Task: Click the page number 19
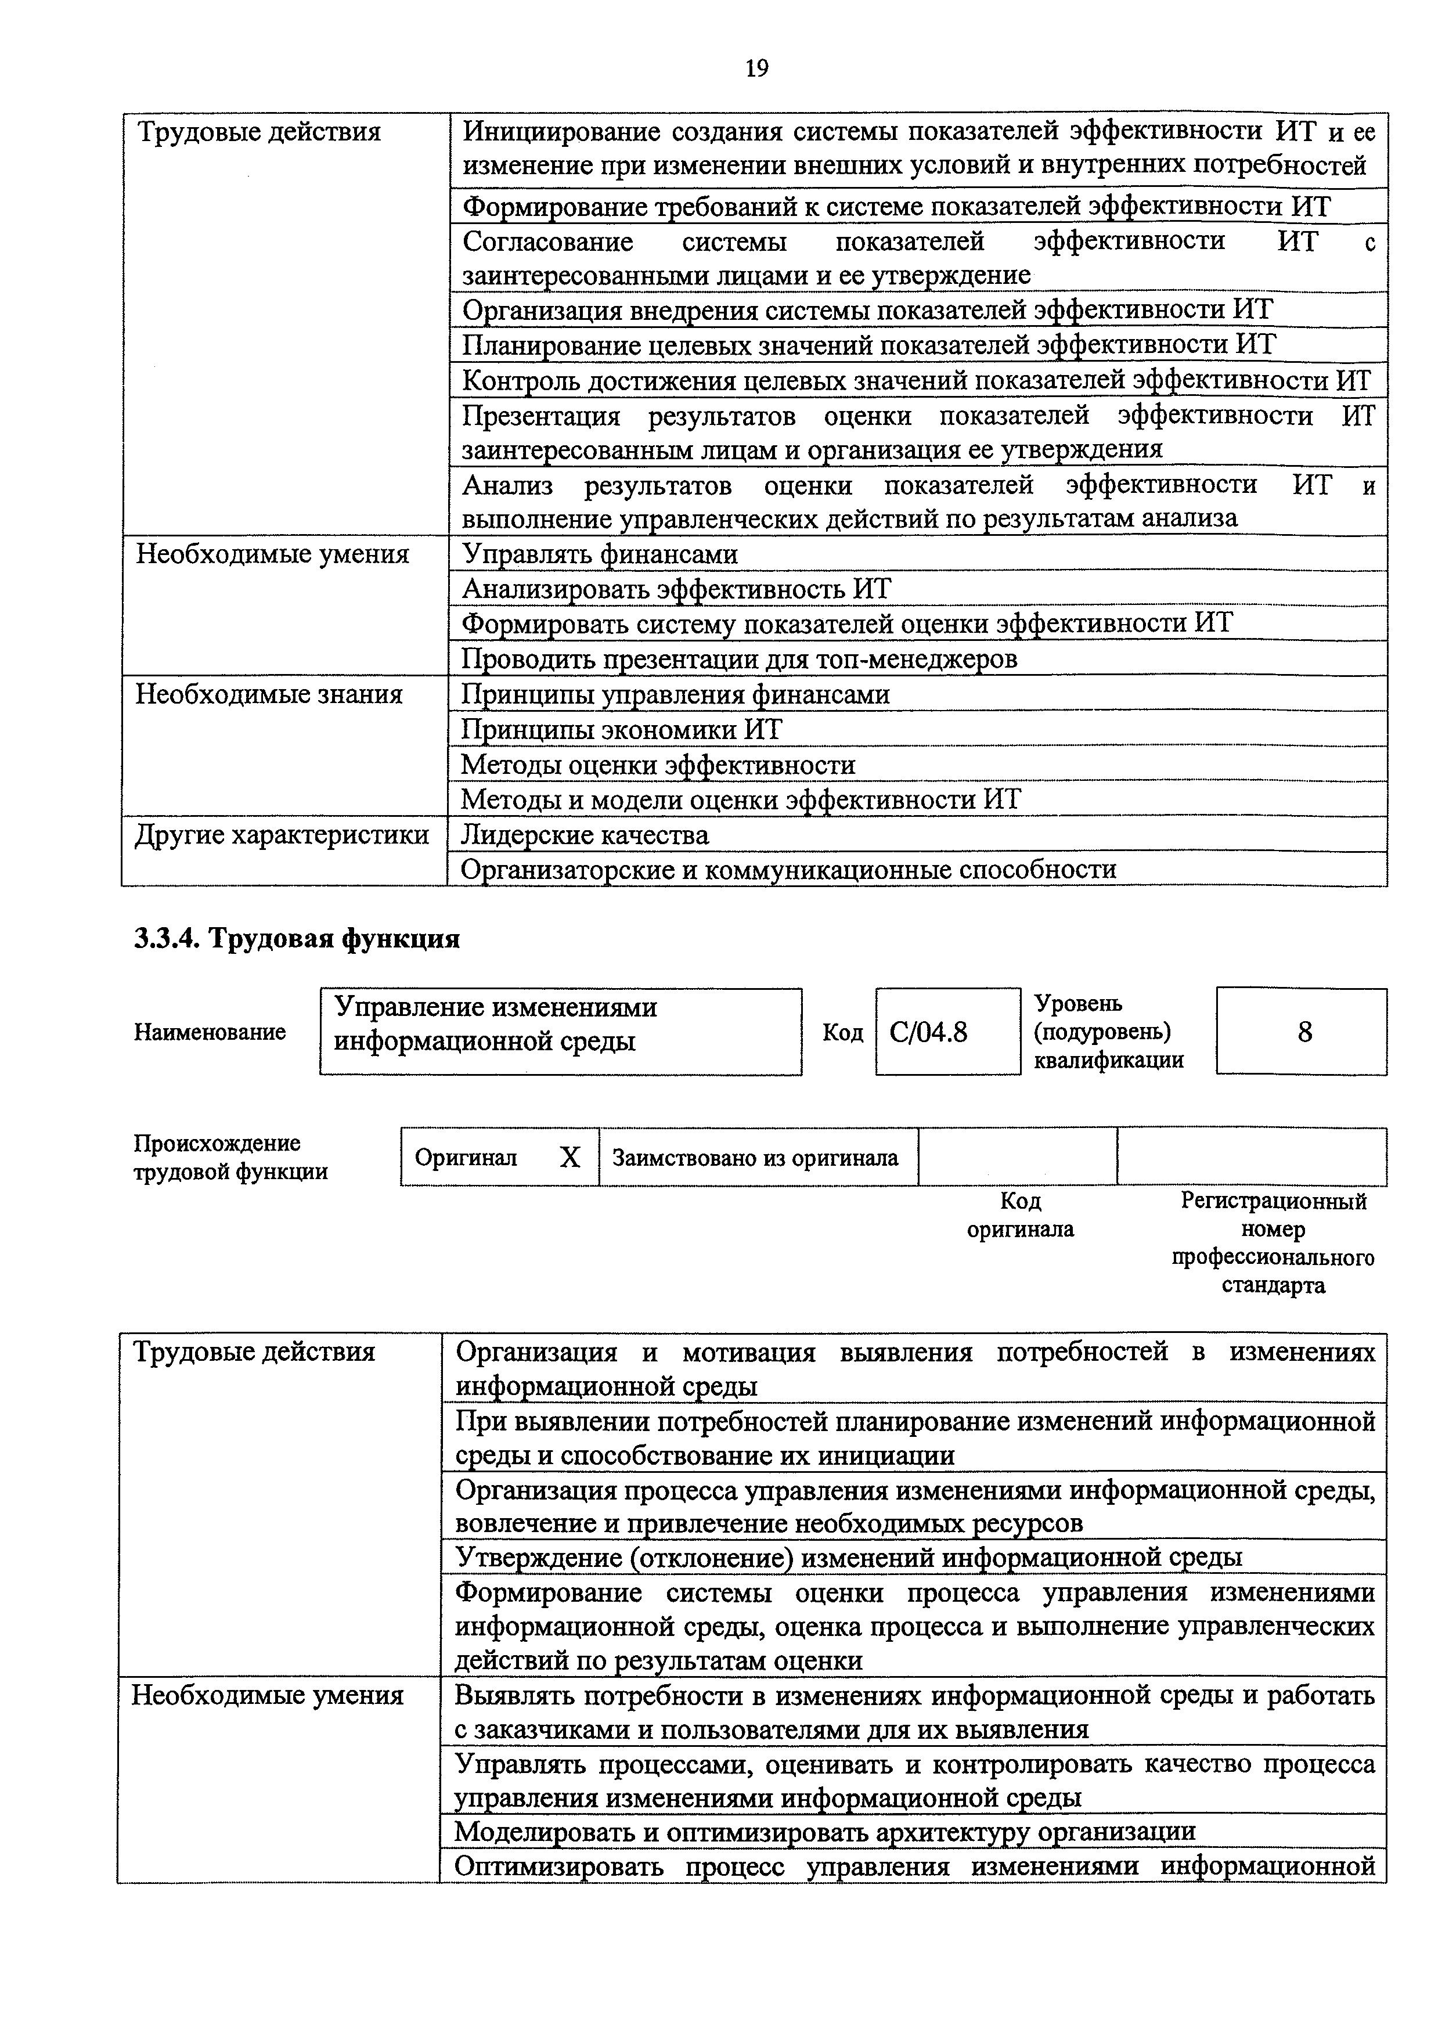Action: pyautogui.click(x=756, y=69)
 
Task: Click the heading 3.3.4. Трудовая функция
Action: pyautogui.click(x=297, y=939)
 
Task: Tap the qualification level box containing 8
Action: pyautogui.click(x=1303, y=1032)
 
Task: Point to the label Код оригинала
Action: pyautogui.click(x=1021, y=1215)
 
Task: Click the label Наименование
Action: pyautogui.click(x=210, y=1032)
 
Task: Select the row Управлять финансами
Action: pyautogui.click(x=600, y=554)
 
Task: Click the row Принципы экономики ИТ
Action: pyautogui.click(x=621, y=730)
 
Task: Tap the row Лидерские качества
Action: pyautogui.click(x=585, y=835)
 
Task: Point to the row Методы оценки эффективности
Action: pyautogui.click(x=658, y=765)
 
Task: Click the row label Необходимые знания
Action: pyautogui.click(x=269, y=694)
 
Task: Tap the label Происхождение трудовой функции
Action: pyautogui.click(x=231, y=1157)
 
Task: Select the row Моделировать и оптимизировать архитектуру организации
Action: pyautogui.click(x=824, y=1831)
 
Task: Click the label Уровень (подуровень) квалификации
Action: pyautogui.click(x=1109, y=1032)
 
